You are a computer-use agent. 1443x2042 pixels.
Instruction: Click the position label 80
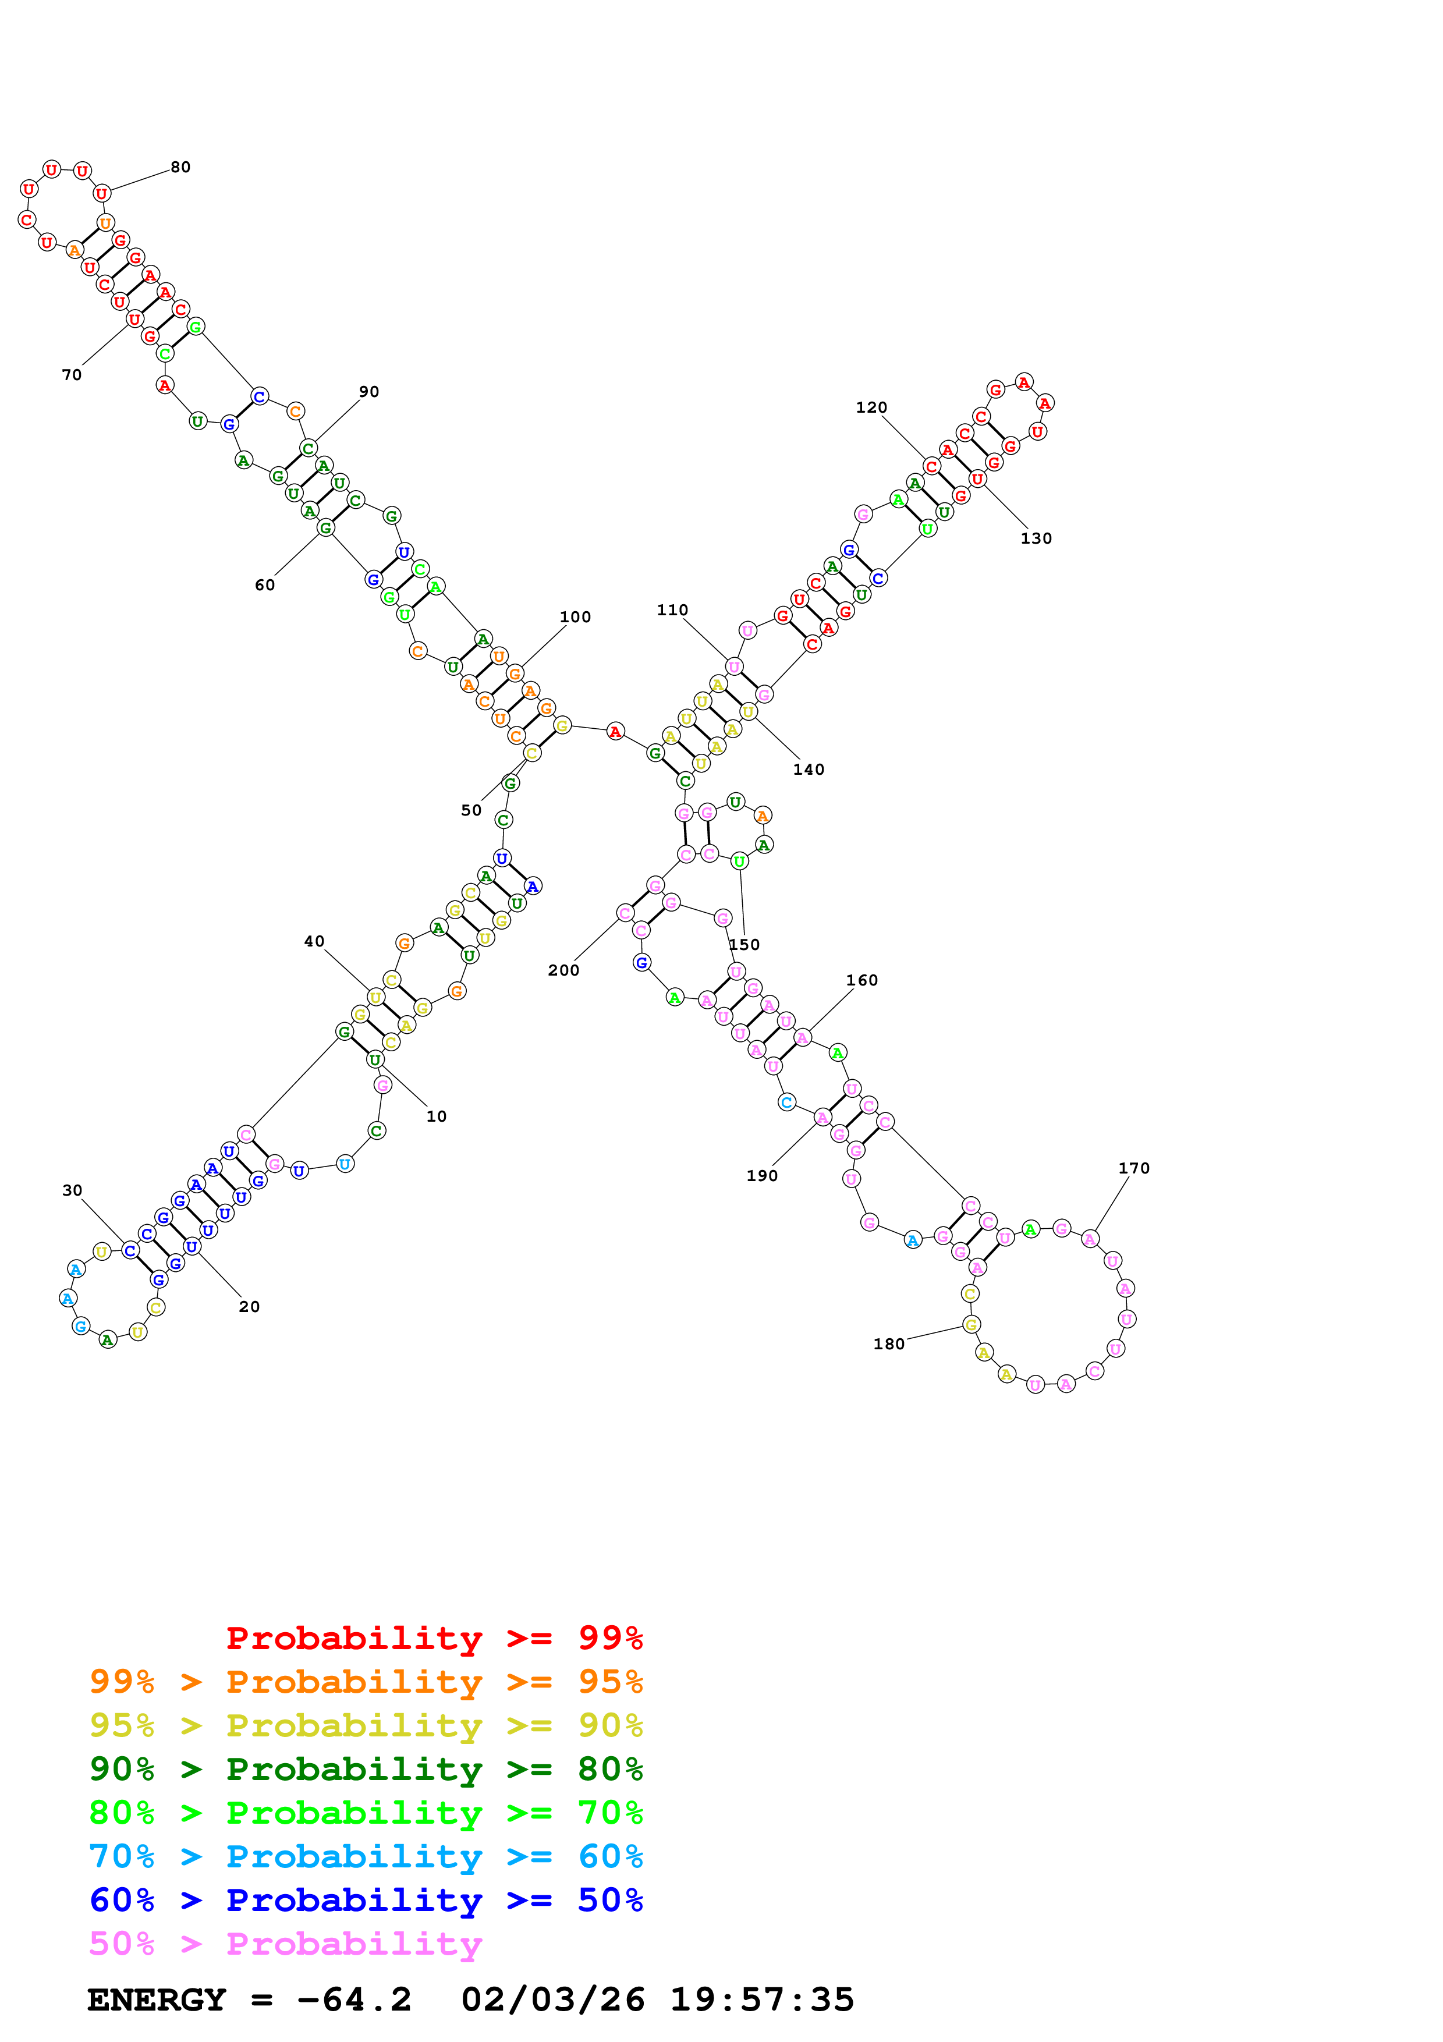pyautogui.click(x=180, y=167)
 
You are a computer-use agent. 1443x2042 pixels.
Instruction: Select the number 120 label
pyautogui.click(x=871, y=407)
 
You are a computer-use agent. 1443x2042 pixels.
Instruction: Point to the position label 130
pyautogui.click(x=1036, y=538)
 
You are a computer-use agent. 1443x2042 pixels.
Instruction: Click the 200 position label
pyautogui.click(x=563, y=970)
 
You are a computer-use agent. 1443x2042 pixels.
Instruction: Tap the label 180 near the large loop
pyautogui.click(x=889, y=1344)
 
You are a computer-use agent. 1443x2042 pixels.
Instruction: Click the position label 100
pyautogui.click(x=575, y=617)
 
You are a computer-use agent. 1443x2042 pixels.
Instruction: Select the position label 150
pyautogui.click(x=744, y=945)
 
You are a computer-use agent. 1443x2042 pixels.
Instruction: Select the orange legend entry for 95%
pyautogui.click(x=366, y=1682)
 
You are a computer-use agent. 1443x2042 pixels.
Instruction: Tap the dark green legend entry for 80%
pyautogui.click(x=366, y=1769)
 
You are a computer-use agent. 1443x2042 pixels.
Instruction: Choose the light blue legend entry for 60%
pyautogui.click(x=366, y=1856)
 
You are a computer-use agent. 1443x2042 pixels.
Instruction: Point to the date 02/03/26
pyautogui.click(x=553, y=2000)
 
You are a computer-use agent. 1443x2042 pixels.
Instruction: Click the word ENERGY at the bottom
pyautogui.click(x=157, y=2000)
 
